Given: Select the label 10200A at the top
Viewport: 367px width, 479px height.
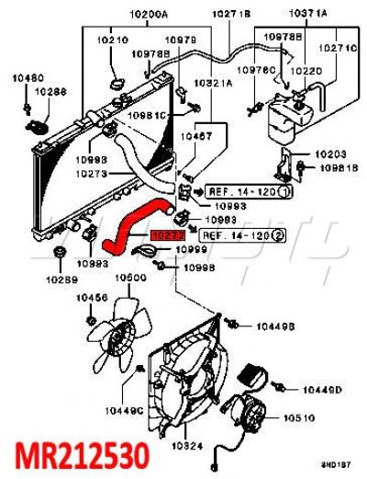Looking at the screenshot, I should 148,16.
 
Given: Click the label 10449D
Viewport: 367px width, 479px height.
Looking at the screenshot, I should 322,390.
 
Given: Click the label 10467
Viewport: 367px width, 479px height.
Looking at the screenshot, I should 194,135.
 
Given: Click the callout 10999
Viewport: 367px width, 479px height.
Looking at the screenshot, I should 193,249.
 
